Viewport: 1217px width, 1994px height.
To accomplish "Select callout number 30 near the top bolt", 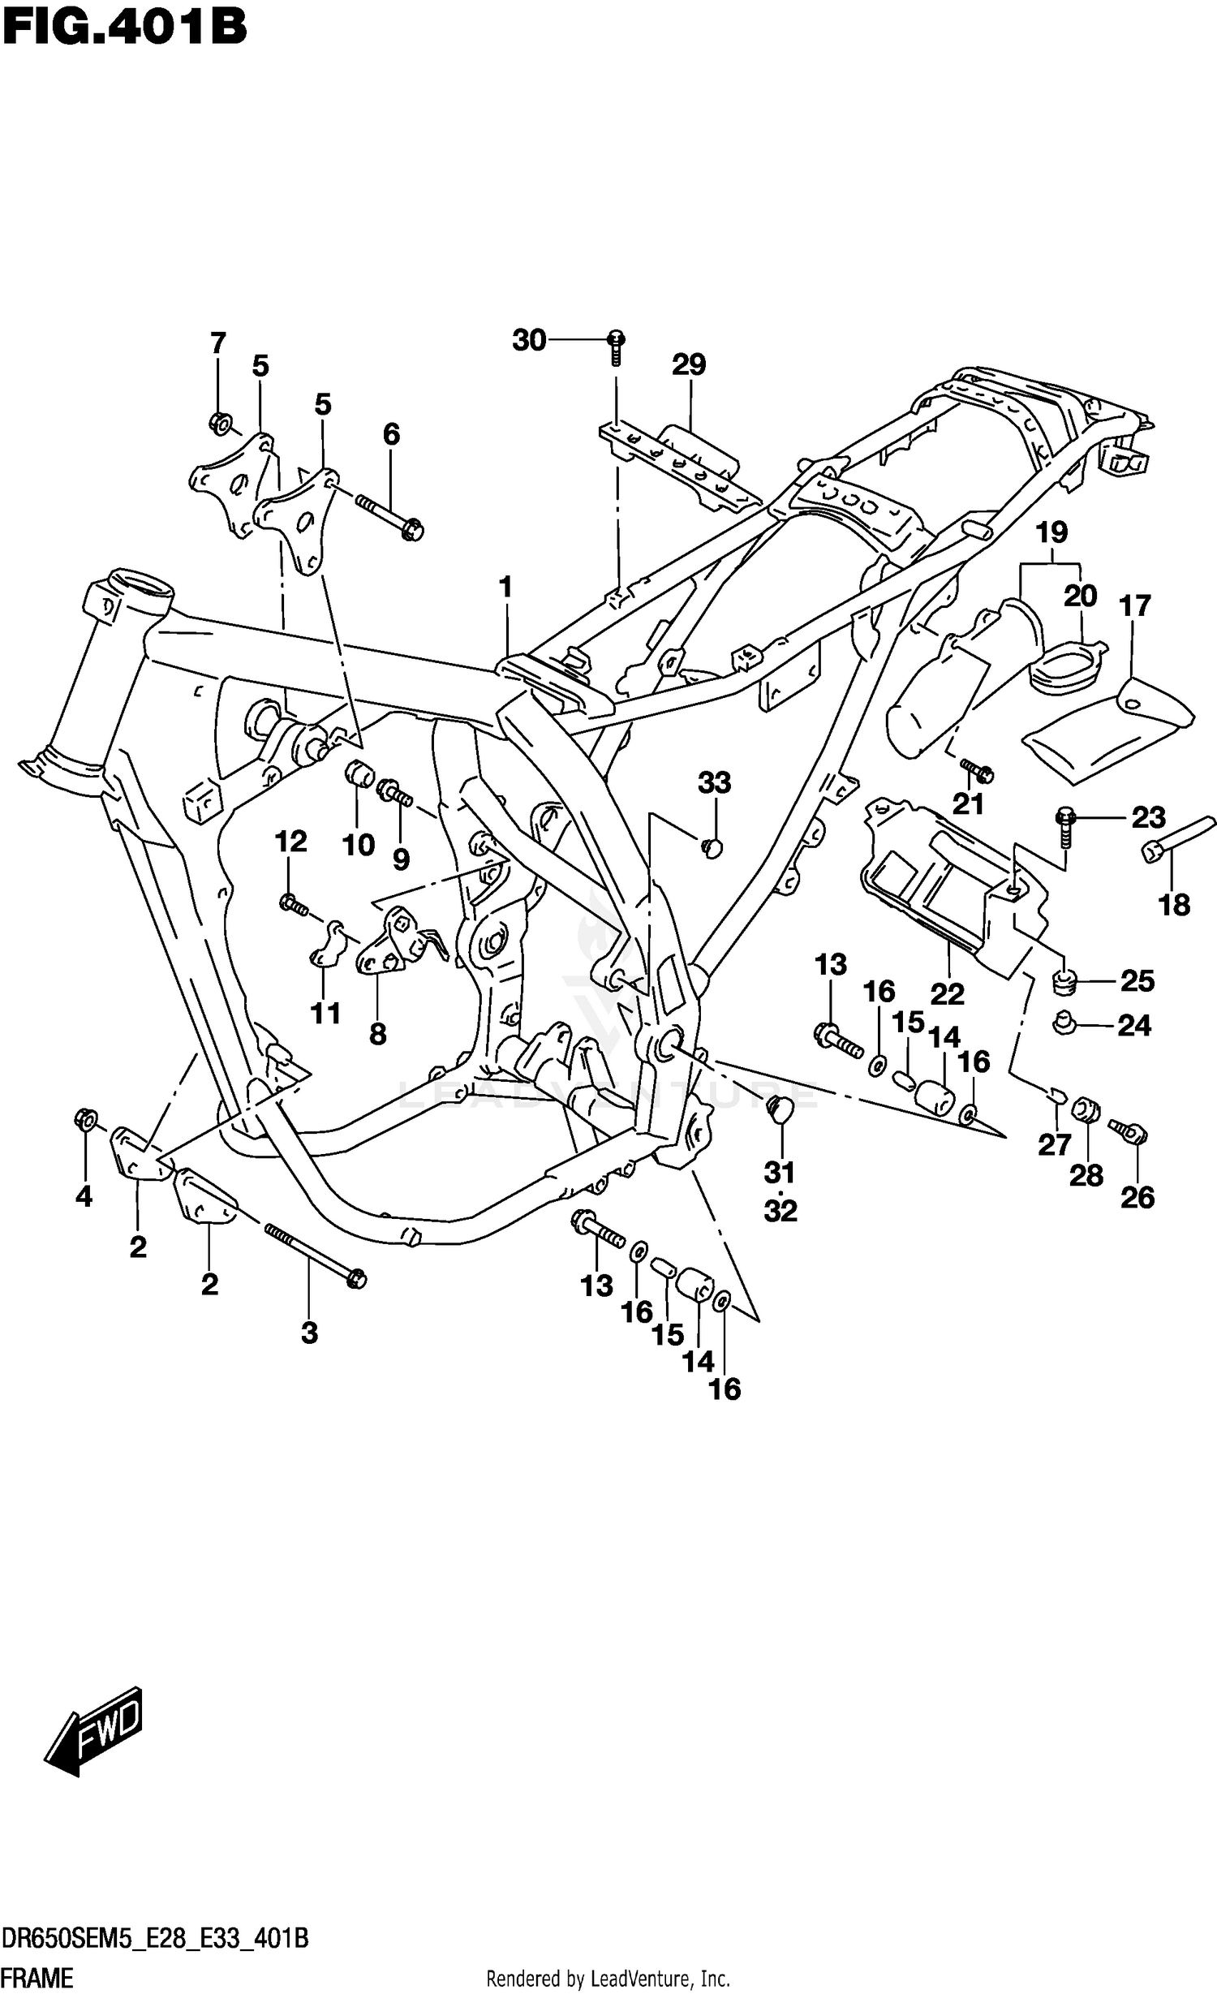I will click(x=529, y=341).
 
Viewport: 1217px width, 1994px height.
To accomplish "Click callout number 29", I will click(x=689, y=365).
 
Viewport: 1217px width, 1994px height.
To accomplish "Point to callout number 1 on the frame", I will click(x=506, y=587).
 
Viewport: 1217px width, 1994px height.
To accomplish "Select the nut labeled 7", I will click(x=220, y=423).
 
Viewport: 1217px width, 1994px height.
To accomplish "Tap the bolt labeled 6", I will click(x=389, y=516).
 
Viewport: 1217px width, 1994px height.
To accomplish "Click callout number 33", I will click(x=714, y=783).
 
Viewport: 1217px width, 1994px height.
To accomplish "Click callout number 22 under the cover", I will click(x=947, y=993).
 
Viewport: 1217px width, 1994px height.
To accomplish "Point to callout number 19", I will click(x=1051, y=533).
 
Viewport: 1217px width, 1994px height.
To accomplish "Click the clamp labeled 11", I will click(x=325, y=945).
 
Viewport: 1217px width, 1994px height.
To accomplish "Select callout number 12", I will click(x=290, y=842).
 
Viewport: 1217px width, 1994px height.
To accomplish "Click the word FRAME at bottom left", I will click(x=37, y=1978).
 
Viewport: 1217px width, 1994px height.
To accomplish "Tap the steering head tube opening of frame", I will click(x=142, y=587).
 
